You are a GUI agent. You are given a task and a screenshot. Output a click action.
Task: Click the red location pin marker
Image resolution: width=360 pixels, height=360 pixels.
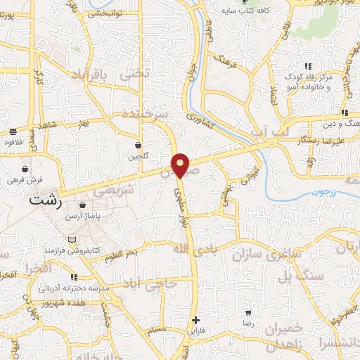[181, 164]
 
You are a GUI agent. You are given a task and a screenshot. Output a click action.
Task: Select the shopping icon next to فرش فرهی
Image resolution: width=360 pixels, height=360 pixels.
[26, 169]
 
